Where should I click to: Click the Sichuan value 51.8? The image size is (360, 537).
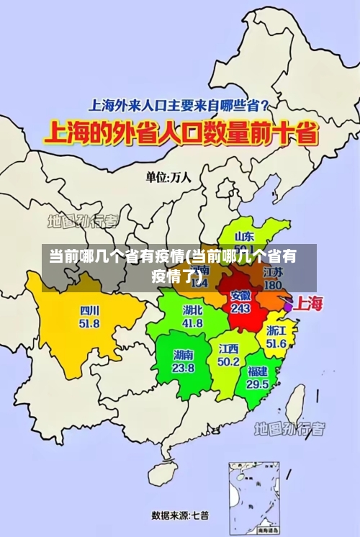coord(90,324)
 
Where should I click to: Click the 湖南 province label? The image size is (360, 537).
coord(183,355)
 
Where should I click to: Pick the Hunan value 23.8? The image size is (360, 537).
coord(183,367)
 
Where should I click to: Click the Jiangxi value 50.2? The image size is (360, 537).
coord(229,361)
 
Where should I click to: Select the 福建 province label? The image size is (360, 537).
coord(257,371)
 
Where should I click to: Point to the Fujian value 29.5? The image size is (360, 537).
coord(257,384)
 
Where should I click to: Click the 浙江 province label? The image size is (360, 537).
coord(276,331)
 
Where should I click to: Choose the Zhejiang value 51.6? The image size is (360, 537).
coord(276,343)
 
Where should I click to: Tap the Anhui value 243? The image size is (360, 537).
coord(240,308)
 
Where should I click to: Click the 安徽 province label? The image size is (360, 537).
coord(240,295)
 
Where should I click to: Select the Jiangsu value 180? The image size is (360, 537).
coord(273,285)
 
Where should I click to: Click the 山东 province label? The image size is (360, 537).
coord(245,236)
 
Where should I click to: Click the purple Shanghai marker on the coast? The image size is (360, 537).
coord(288,307)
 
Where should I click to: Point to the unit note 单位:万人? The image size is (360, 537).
coord(168,177)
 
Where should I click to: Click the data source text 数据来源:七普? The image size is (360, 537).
coord(180,515)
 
